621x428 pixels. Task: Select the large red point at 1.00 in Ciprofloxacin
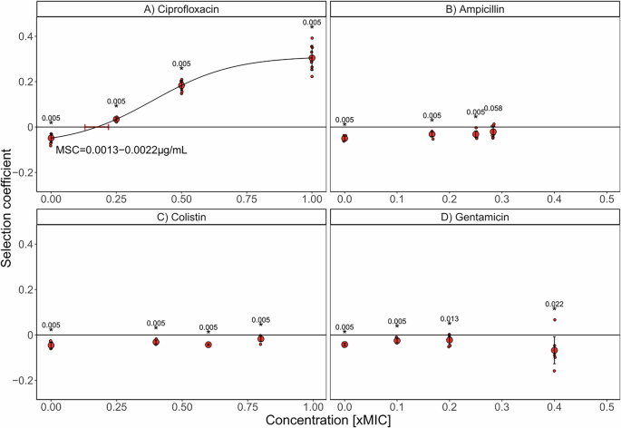coord(312,58)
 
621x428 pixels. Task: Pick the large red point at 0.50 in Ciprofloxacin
coord(181,85)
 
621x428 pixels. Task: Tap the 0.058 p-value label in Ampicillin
coord(494,109)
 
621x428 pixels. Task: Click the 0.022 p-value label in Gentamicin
coord(555,305)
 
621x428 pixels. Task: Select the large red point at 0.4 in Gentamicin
coord(554,350)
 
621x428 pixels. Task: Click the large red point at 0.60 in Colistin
coord(208,345)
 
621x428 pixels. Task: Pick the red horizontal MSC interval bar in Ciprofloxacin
coord(97,127)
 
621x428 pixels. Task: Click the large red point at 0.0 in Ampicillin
coord(344,138)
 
